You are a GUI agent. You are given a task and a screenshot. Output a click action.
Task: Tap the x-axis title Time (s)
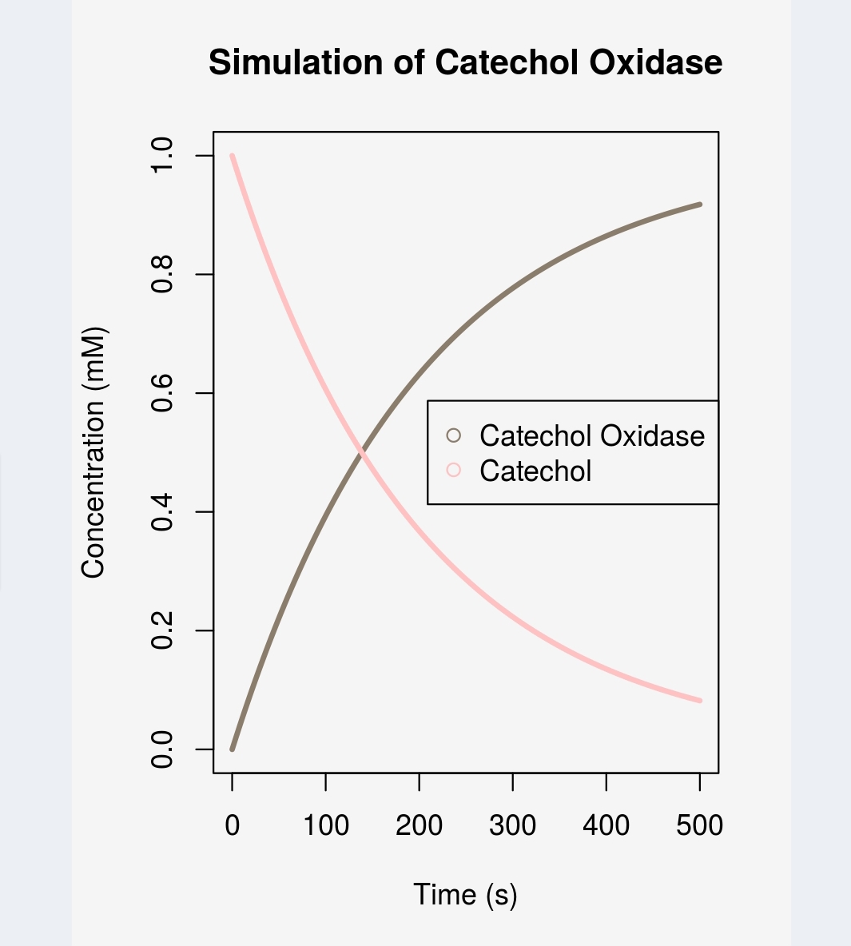(x=465, y=895)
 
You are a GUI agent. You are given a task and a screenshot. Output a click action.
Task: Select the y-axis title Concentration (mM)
(x=93, y=452)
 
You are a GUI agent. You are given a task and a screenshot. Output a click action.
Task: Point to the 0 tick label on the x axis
(x=232, y=825)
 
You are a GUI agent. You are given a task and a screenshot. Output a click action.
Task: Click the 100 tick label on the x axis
(x=325, y=825)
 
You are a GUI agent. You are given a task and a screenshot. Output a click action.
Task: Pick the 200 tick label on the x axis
(x=419, y=825)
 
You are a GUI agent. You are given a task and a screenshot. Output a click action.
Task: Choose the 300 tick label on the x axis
(x=512, y=825)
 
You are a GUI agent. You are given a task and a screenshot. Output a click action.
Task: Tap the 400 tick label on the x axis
(x=606, y=825)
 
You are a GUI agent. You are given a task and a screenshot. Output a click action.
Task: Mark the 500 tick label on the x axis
(x=699, y=825)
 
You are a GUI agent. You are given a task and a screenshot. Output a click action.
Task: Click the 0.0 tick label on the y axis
(x=163, y=749)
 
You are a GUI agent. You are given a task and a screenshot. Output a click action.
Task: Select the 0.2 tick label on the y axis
(x=163, y=630)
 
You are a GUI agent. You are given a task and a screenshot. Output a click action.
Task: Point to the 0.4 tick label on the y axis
(x=163, y=512)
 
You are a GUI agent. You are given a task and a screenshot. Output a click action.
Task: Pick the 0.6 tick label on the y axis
(x=163, y=393)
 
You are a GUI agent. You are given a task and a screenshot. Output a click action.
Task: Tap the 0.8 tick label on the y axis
(x=163, y=274)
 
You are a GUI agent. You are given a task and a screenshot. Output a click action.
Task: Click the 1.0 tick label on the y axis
(x=163, y=156)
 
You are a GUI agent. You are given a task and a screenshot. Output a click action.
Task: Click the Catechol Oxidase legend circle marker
(x=454, y=435)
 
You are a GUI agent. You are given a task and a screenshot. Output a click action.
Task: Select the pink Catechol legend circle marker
(x=454, y=471)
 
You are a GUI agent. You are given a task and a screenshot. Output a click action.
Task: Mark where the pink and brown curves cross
(x=361, y=453)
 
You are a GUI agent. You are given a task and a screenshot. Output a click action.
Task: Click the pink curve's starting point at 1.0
(x=233, y=156)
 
